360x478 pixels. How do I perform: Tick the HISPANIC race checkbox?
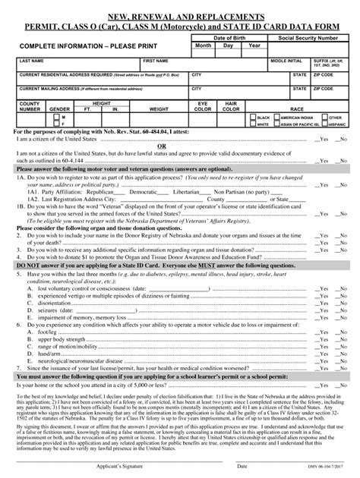click(x=324, y=124)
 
